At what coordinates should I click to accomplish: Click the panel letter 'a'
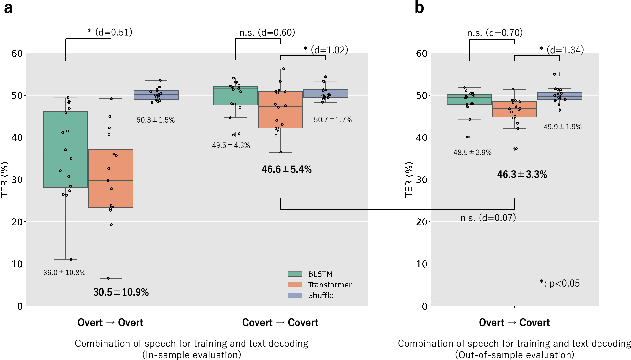tap(8, 8)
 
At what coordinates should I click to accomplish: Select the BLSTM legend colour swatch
tap(295, 274)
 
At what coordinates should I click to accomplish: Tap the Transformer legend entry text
tap(330, 285)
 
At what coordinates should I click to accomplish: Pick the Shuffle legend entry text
tap(321, 295)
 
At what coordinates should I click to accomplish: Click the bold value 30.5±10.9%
tap(121, 292)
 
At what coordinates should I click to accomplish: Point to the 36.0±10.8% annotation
tap(64, 273)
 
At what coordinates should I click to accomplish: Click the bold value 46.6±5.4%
tap(286, 169)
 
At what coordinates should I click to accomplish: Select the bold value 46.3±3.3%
tap(522, 175)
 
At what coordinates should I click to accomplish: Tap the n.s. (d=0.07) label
tap(488, 218)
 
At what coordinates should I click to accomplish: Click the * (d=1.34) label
tap(561, 50)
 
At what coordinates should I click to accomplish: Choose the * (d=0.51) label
tap(110, 32)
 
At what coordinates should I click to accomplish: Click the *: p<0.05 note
tap(559, 283)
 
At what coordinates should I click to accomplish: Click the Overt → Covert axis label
tap(514, 322)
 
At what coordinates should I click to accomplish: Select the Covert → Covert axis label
tap(280, 322)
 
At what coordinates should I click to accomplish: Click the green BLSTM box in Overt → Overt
tap(66, 150)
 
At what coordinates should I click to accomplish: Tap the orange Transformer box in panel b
tap(514, 109)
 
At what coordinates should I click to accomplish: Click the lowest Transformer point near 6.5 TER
tap(109, 278)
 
